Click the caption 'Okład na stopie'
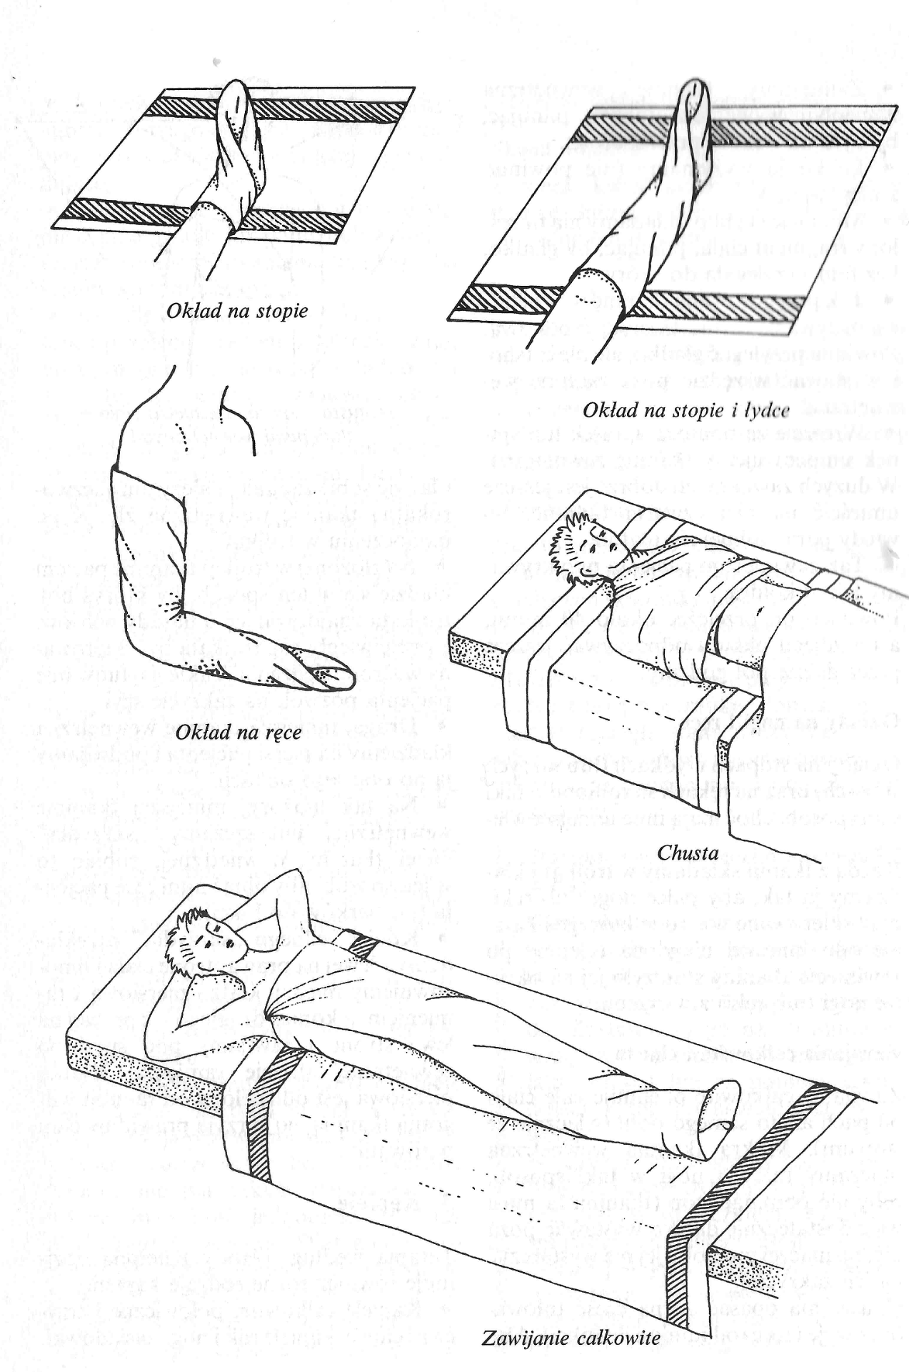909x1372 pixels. point(237,311)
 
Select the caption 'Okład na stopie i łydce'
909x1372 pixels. point(685,410)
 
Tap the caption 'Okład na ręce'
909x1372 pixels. point(238,732)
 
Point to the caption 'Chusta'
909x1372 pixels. point(688,852)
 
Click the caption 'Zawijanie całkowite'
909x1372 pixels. point(571,1338)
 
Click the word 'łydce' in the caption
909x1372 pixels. point(765,410)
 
